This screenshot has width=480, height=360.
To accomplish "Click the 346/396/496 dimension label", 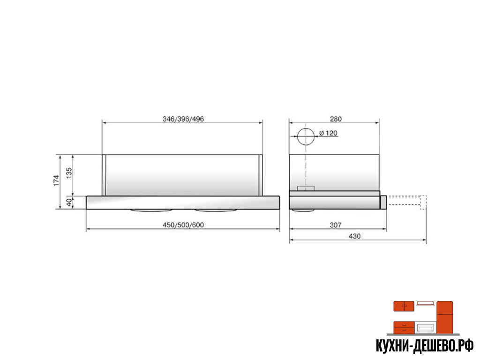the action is (183, 119).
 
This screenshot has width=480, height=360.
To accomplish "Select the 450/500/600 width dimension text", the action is (183, 225).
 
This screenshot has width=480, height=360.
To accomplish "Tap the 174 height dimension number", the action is (56, 180).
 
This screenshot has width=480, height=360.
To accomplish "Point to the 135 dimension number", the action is (69, 172).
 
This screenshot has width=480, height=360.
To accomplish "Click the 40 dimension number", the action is (69, 202).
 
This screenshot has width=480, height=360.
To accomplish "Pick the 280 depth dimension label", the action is (336, 119).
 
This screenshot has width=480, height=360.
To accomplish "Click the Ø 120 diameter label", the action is (328, 133).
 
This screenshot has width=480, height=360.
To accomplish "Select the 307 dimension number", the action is (336, 225).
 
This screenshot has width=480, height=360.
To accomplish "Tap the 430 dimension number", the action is (354, 236).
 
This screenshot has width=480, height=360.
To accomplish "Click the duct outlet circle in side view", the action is (306, 128).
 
